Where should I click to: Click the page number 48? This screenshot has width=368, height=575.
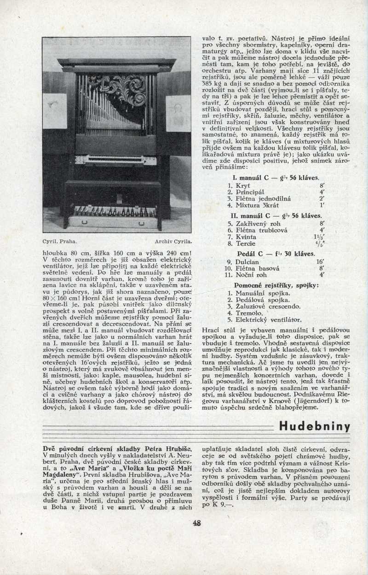pos(197,523)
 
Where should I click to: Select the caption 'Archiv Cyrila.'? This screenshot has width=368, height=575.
pos(173,241)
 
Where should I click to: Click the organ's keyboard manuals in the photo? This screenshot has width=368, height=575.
pos(115,160)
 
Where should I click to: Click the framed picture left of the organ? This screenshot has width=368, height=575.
pos(55,110)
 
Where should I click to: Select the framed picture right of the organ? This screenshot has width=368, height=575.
pos(178,113)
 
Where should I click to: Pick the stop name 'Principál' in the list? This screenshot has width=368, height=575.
pos(249,192)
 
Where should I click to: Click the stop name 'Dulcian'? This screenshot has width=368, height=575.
pos(248,261)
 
